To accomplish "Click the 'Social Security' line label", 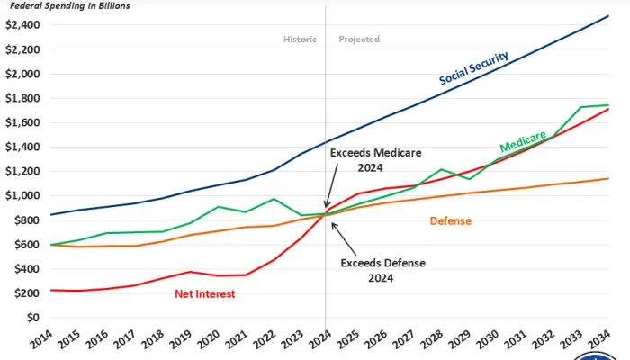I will (x=473, y=68).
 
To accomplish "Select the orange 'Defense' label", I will (x=450, y=220).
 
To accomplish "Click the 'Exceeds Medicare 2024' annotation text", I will (x=375, y=160).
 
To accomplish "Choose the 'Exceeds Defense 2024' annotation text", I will (x=382, y=271).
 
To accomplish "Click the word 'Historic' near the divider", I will (x=301, y=40).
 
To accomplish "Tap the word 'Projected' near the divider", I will (x=359, y=40).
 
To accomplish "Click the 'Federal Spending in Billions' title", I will (x=69, y=5).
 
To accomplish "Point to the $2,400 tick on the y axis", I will (x=22, y=24).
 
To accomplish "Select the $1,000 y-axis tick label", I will (x=22, y=195).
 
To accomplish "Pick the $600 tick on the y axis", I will (x=25, y=245).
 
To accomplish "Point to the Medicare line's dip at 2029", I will (x=467, y=179).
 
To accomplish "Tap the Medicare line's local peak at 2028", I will (x=439, y=169).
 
